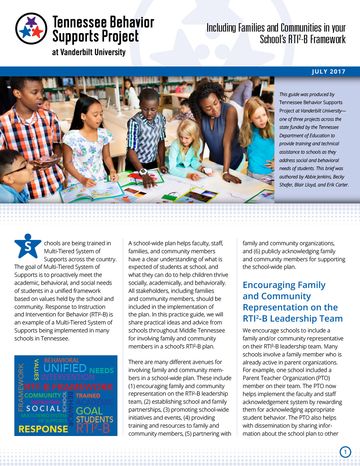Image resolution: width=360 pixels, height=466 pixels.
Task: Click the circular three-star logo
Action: coord(31,28)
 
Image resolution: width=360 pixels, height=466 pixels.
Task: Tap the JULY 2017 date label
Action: coord(328,72)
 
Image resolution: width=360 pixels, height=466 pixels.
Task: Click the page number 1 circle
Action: coord(345,452)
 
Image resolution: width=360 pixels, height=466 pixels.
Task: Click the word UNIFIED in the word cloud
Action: coord(65,368)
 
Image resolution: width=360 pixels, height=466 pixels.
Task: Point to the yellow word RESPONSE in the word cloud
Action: coord(43,429)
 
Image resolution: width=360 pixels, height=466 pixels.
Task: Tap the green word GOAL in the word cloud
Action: coord(89,411)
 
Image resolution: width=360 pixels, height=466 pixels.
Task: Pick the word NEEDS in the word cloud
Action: coord(102,371)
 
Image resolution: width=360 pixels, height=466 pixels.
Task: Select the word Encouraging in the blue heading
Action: coord(271,285)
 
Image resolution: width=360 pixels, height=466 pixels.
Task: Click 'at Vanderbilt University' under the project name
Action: coord(88,52)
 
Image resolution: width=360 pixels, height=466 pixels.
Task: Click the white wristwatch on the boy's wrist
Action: coord(143,172)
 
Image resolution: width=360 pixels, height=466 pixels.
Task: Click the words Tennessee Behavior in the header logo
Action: coord(103,22)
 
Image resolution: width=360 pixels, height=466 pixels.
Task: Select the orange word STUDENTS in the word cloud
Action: coord(94,420)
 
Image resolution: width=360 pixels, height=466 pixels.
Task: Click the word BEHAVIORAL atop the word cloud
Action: coord(62,360)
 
